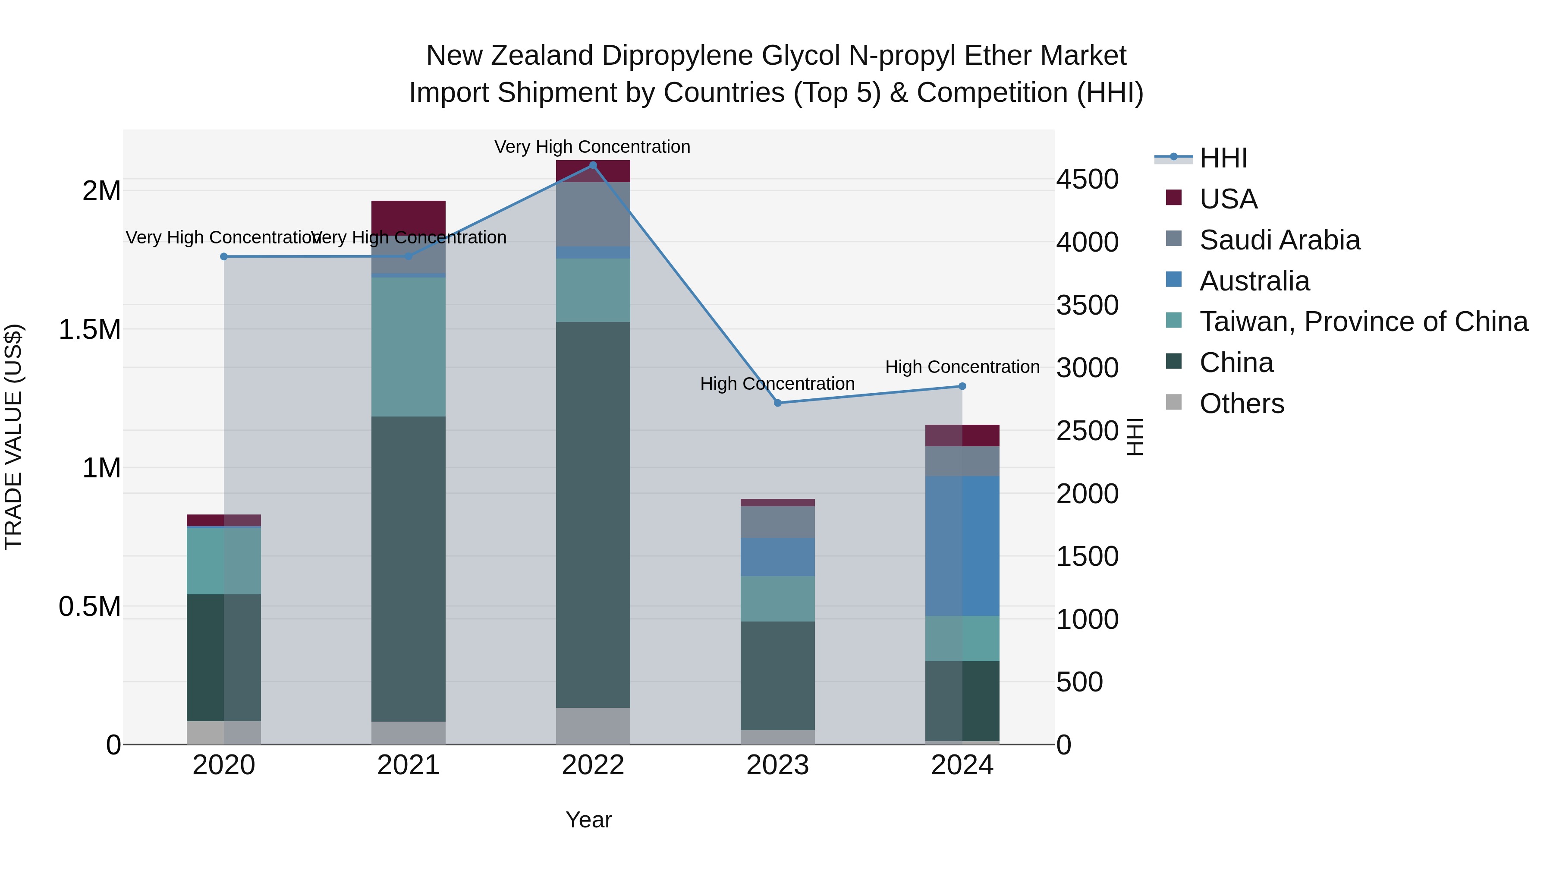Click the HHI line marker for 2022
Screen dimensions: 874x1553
(593, 165)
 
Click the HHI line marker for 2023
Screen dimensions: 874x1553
(778, 403)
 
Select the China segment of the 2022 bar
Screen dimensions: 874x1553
(593, 514)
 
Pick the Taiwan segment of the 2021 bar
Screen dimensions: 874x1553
(408, 347)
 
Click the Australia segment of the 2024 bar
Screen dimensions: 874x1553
(962, 546)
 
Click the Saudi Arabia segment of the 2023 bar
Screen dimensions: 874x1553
(778, 522)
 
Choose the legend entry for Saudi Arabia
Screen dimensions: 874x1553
(1279, 240)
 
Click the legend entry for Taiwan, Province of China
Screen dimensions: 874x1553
(1363, 322)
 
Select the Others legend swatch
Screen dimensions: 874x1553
(1174, 402)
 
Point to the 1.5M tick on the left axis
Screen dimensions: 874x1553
(89, 330)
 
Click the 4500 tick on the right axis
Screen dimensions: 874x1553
(1087, 180)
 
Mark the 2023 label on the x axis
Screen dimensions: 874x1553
(778, 765)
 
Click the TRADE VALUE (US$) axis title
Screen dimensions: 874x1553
(13, 437)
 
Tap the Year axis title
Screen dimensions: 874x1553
(588, 820)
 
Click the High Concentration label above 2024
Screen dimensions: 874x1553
(962, 367)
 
